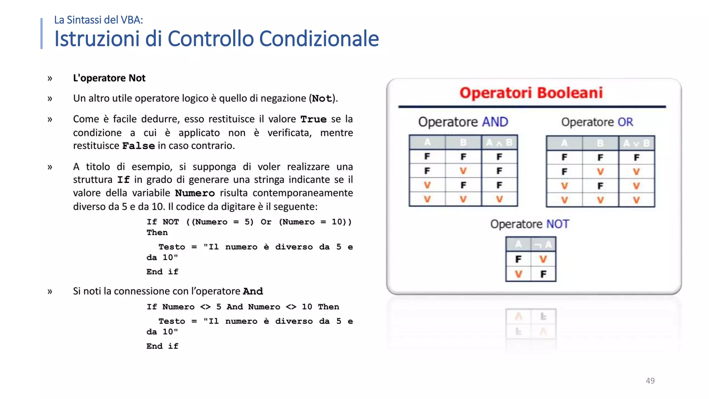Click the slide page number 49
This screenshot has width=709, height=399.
point(650,381)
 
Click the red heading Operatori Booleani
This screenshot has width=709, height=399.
point(531,93)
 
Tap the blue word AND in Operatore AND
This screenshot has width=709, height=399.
point(495,122)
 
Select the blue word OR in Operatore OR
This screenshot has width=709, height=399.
point(625,122)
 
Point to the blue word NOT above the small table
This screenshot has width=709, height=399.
point(557,224)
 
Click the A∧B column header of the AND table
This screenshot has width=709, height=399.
point(499,142)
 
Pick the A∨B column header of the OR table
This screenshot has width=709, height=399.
point(636,143)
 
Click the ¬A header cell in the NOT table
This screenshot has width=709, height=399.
point(543,245)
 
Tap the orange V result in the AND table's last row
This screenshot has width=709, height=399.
point(499,199)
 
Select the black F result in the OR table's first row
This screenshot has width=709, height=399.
point(636,158)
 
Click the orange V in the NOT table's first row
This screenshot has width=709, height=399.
point(543,259)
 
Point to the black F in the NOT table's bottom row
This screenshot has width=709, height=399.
point(543,274)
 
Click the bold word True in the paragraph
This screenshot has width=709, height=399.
point(313,119)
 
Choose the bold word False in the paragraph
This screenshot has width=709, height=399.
point(138,146)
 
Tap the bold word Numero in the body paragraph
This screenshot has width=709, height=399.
point(195,193)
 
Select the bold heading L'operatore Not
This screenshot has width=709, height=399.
point(109,78)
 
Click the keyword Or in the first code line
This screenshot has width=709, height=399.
point(266,222)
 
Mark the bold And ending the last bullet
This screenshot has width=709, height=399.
point(253,291)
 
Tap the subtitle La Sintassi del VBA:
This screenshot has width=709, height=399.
point(99,20)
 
